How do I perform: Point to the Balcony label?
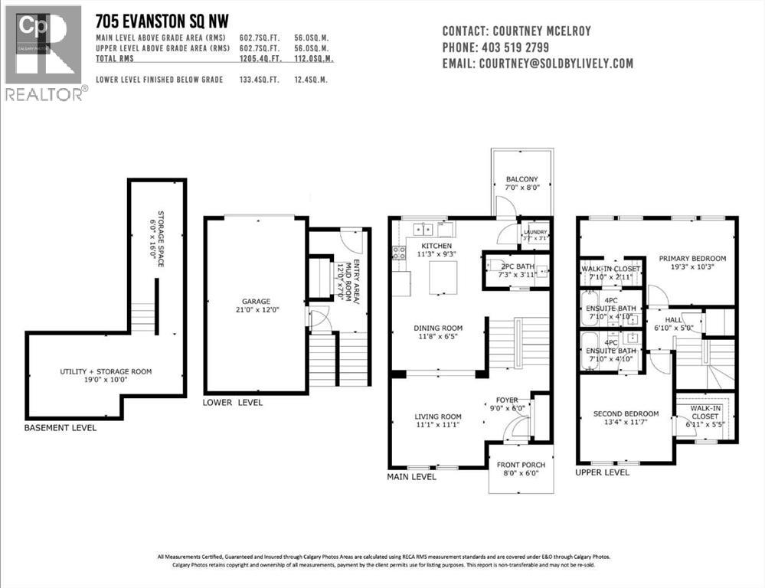521,180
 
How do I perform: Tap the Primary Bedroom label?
692,259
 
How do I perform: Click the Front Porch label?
521,464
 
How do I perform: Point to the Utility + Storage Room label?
106,371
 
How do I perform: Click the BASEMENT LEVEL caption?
60,427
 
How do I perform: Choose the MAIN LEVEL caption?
412,476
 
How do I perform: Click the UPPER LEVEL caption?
602,472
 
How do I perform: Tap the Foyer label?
507,399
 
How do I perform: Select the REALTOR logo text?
44,95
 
